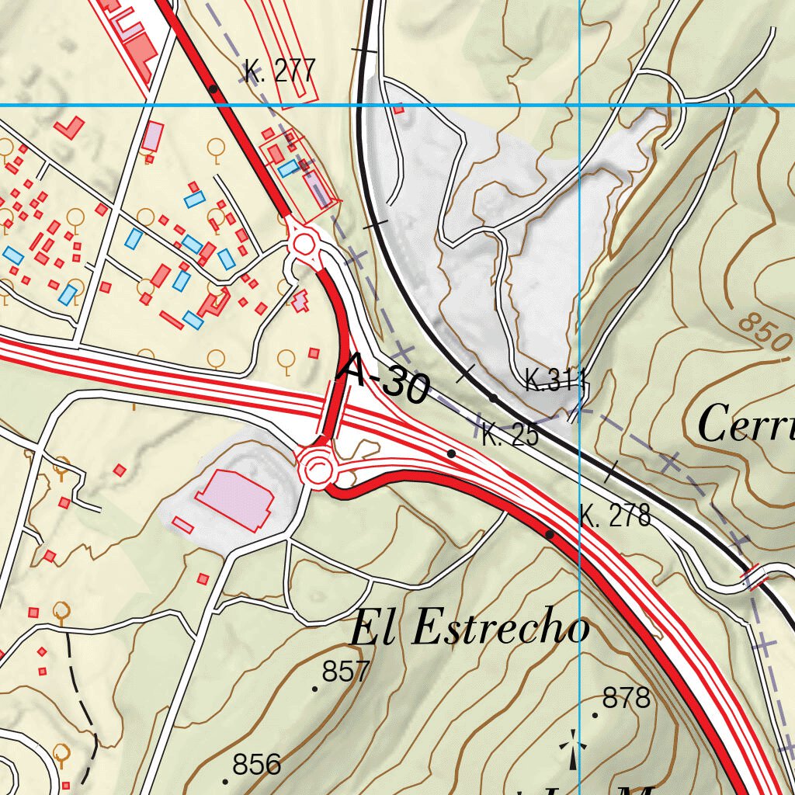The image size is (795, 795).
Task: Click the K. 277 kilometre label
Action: (x=279, y=71)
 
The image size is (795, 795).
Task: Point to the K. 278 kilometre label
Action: (x=615, y=516)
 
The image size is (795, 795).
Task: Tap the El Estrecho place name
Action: (x=469, y=628)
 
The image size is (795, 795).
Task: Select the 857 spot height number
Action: (x=345, y=672)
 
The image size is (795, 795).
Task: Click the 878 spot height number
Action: (x=626, y=699)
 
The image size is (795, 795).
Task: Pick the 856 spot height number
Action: (x=256, y=765)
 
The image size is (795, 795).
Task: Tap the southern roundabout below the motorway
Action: (x=318, y=468)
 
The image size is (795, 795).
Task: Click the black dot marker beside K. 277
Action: (x=214, y=89)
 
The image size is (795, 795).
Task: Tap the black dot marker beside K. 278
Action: (x=550, y=535)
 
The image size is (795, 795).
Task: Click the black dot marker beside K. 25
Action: (x=451, y=453)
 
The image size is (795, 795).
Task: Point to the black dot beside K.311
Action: (x=493, y=398)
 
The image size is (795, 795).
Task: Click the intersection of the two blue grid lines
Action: (x=580, y=105)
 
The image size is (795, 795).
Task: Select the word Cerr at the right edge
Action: (x=745, y=425)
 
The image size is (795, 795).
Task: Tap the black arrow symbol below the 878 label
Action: (x=573, y=749)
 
